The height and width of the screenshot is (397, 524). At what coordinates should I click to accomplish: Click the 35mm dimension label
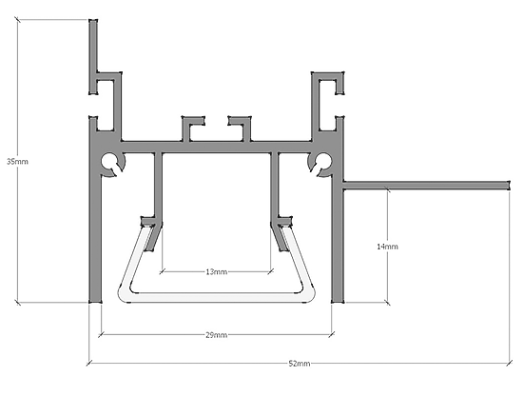tap(18, 162)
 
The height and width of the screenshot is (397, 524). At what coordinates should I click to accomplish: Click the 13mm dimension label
tap(217, 272)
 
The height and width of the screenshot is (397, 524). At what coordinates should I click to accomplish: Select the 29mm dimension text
tap(217, 335)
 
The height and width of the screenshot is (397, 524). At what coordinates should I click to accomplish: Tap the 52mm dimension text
tap(300, 364)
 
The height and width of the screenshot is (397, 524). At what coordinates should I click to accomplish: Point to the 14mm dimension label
tap(387, 247)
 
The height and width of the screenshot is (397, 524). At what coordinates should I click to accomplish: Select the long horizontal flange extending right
tap(426, 185)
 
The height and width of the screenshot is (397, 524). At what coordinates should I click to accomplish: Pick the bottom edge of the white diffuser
tap(217, 298)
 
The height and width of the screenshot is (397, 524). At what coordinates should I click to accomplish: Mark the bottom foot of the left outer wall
tap(95, 300)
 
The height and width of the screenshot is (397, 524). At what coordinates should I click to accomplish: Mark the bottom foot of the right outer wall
tap(338, 300)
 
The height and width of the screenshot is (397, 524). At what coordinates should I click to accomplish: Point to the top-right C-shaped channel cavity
tap(328, 105)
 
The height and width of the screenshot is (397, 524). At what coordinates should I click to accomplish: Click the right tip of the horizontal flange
tap(510, 185)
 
